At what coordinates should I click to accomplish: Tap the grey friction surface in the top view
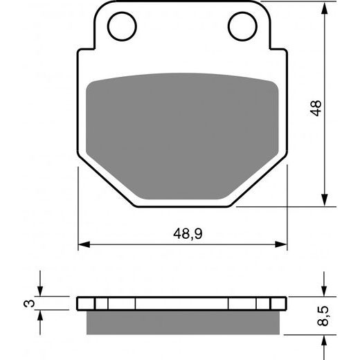tap(183, 132)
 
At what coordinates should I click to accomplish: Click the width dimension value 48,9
tap(183, 234)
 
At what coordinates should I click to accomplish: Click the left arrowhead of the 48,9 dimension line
tap(83, 244)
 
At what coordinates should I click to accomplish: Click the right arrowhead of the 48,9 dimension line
tap(282, 244)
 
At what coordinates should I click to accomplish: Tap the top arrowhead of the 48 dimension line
tap(324, 7)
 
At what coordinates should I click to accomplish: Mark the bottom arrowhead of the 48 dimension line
tap(324, 200)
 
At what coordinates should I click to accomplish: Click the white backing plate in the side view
tap(183, 304)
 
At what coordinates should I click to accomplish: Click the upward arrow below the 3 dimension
tap(42, 315)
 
